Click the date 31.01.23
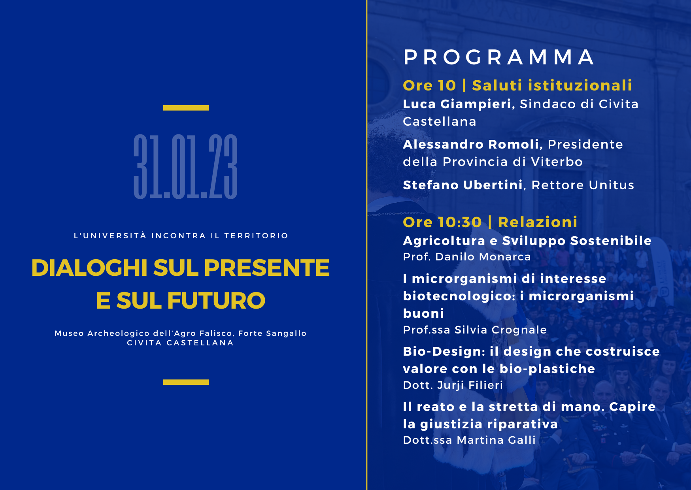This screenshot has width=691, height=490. [x=185, y=166]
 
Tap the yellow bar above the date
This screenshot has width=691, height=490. [x=186, y=107]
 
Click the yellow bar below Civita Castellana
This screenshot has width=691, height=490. [x=186, y=382]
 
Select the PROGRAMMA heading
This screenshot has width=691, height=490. [x=499, y=57]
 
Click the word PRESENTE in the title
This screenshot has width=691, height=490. [x=267, y=268]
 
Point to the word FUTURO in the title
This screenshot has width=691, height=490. [x=216, y=301]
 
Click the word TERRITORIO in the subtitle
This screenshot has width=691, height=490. [x=256, y=236]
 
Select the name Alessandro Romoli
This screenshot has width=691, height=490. [x=471, y=144]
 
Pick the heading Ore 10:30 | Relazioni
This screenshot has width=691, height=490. [x=490, y=222]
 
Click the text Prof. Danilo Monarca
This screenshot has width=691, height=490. [x=467, y=257]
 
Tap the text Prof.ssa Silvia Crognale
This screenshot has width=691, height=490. [x=475, y=330]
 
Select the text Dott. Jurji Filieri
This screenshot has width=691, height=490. [x=453, y=385]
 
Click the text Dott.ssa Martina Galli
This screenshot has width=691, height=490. [x=469, y=440]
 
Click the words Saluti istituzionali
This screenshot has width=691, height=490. [x=552, y=85]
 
